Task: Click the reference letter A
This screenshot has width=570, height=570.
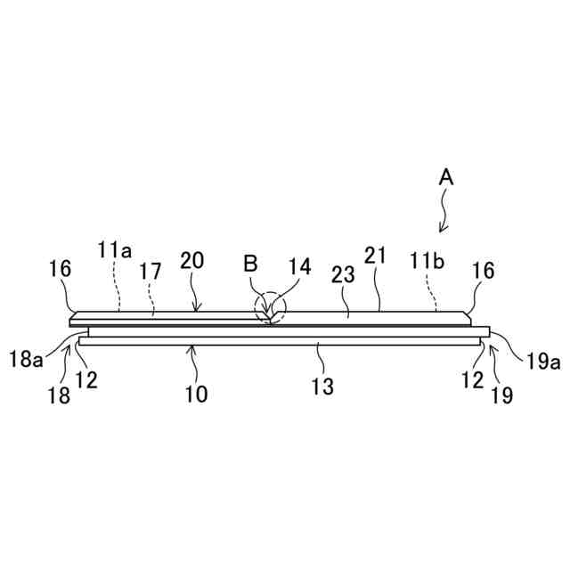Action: [x=447, y=178]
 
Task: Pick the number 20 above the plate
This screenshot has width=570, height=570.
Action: [x=192, y=261]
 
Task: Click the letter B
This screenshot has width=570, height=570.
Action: [x=250, y=264]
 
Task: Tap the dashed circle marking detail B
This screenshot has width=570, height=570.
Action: [x=271, y=309]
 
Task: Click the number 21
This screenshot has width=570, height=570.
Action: [x=376, y=256]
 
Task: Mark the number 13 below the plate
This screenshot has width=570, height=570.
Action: [x=323, y=386]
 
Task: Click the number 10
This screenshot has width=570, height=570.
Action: [x=196, y=393]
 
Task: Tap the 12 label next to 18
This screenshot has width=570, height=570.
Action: [x=86, y=379]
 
